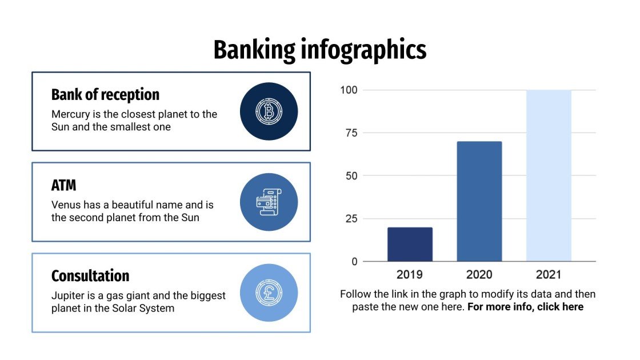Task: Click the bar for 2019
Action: (410, 245)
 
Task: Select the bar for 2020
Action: (479, 201)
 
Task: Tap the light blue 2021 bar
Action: (549, 175)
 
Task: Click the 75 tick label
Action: (351, 133)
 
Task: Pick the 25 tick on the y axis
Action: (351, 219)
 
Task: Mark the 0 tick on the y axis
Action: (354, 262)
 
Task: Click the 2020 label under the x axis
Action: (479, 275)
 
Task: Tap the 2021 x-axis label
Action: (549, 275)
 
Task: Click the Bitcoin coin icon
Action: (269, 111)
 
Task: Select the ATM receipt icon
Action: (269, 202)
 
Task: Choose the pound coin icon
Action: (269, 292)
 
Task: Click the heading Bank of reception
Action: (105, 95)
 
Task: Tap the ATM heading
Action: (63, 186)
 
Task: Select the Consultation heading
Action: (90, 276)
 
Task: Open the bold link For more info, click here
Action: (525, 307)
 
